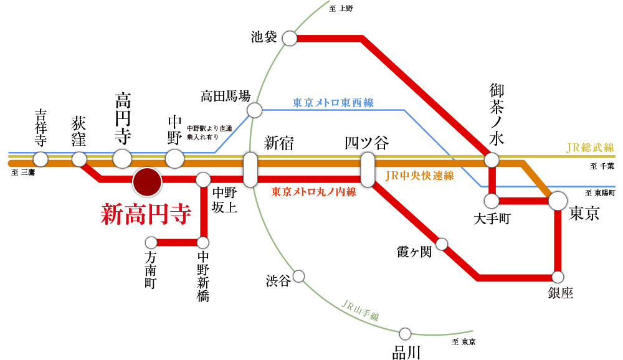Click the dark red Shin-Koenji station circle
[x=147, y=182]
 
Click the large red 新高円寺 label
[x=146, y=214]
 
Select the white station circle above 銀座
[x=558, y=277]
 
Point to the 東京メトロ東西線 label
[x=333, y=103]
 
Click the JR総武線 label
[x=589, y=148]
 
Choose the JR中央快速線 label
[x=419, y=176]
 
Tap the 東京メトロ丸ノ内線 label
[x=313, y=192]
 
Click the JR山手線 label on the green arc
[x=361, y=310]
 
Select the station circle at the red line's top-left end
[x=290, y=39]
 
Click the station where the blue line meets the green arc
[x=254, y=110]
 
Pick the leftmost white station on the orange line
[x=40, y=159]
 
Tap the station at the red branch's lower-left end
[x=151, y=242]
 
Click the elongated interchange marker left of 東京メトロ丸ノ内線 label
[x=250, y=169]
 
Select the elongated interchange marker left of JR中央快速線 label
[x=368, y=169]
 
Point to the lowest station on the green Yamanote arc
[x=405, y=333]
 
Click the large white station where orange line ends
[x=558, y=201]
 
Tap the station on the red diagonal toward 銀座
[x=442, y=244]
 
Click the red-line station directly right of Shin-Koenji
[x=203, y=180]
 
